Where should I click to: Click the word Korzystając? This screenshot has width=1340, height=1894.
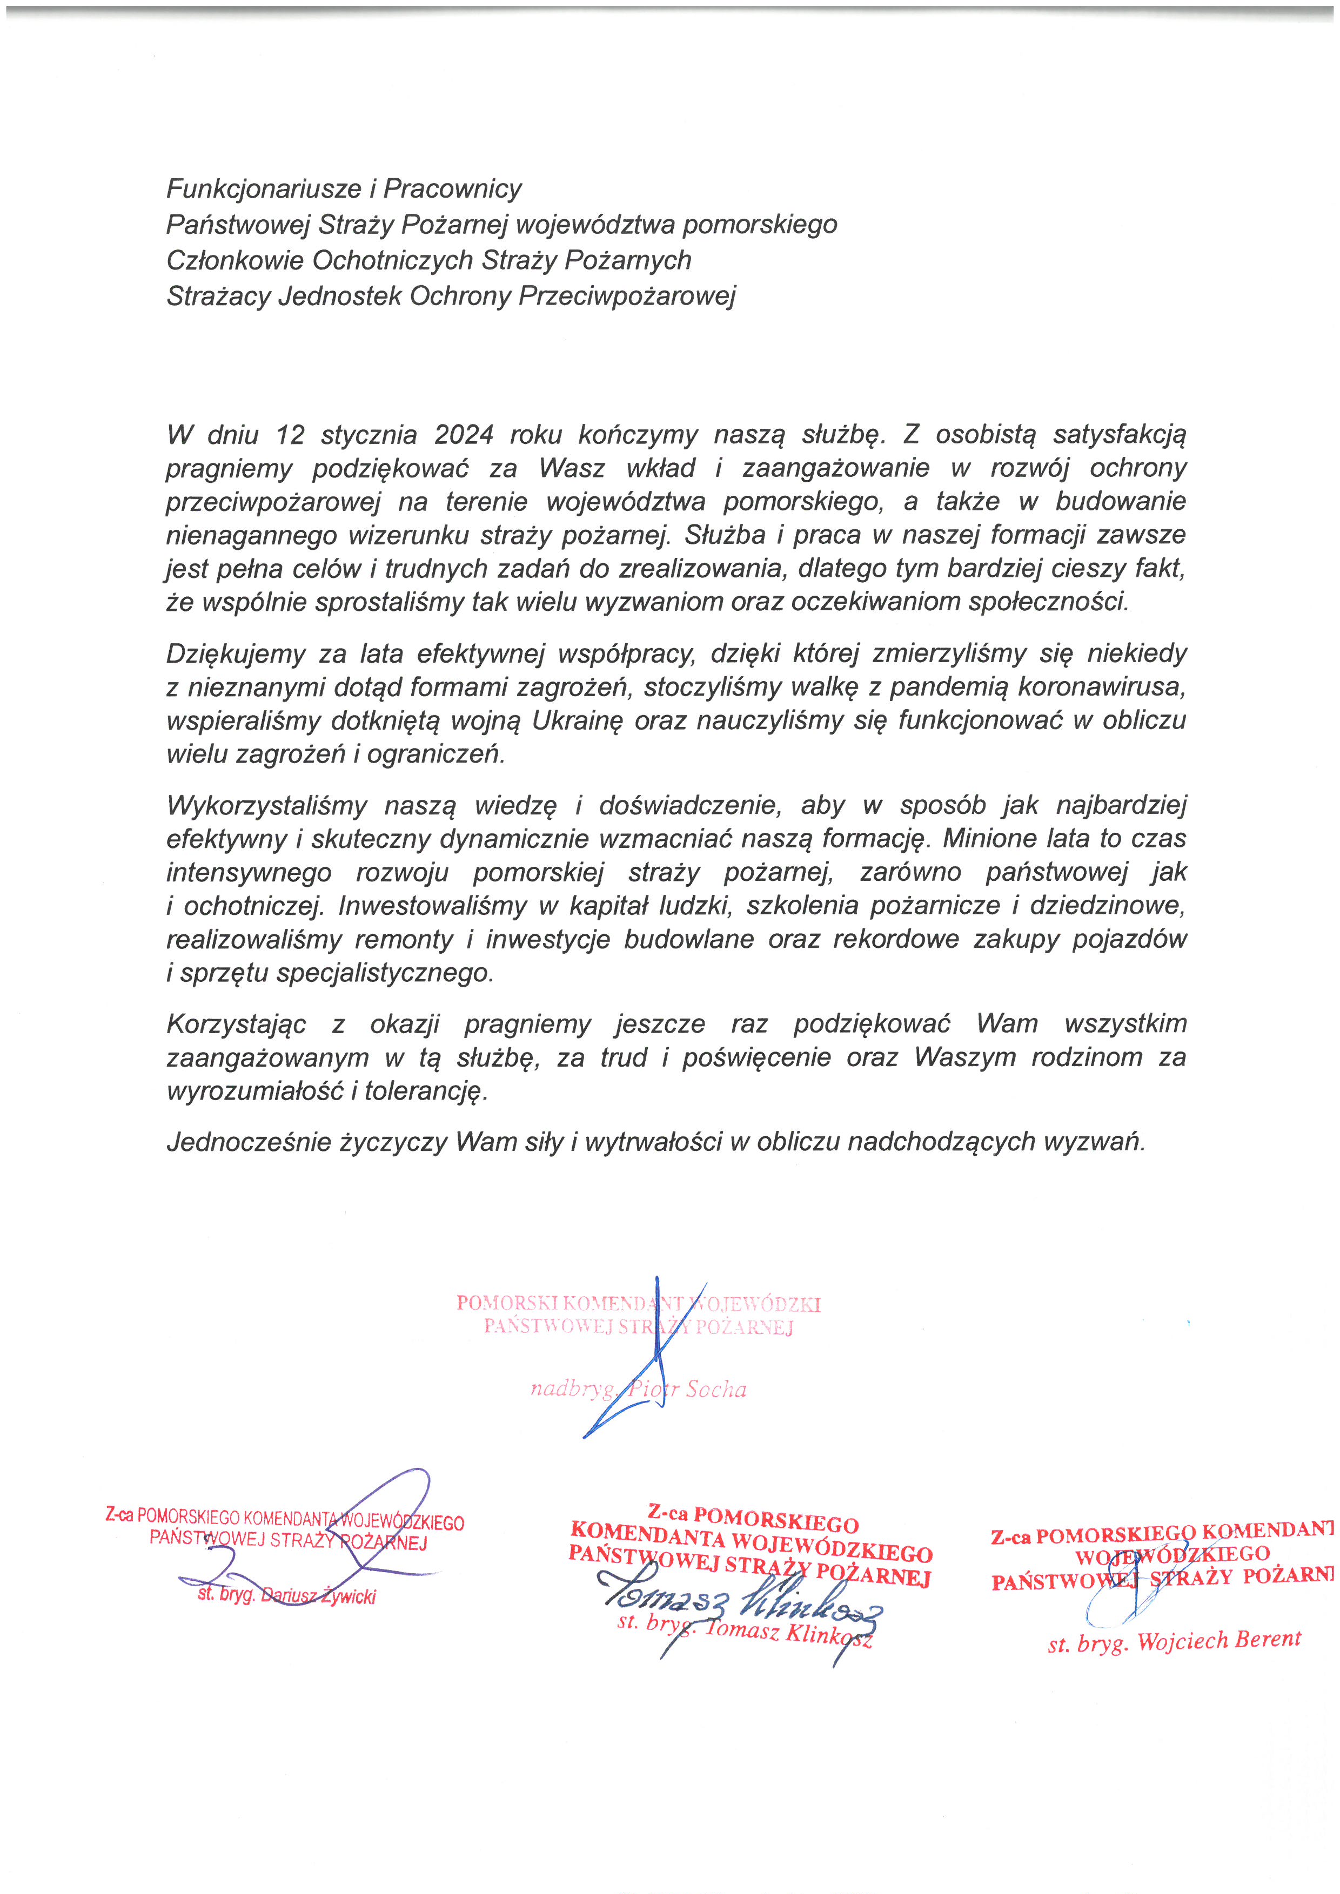pyautogui.click(x=236, y=1024)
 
